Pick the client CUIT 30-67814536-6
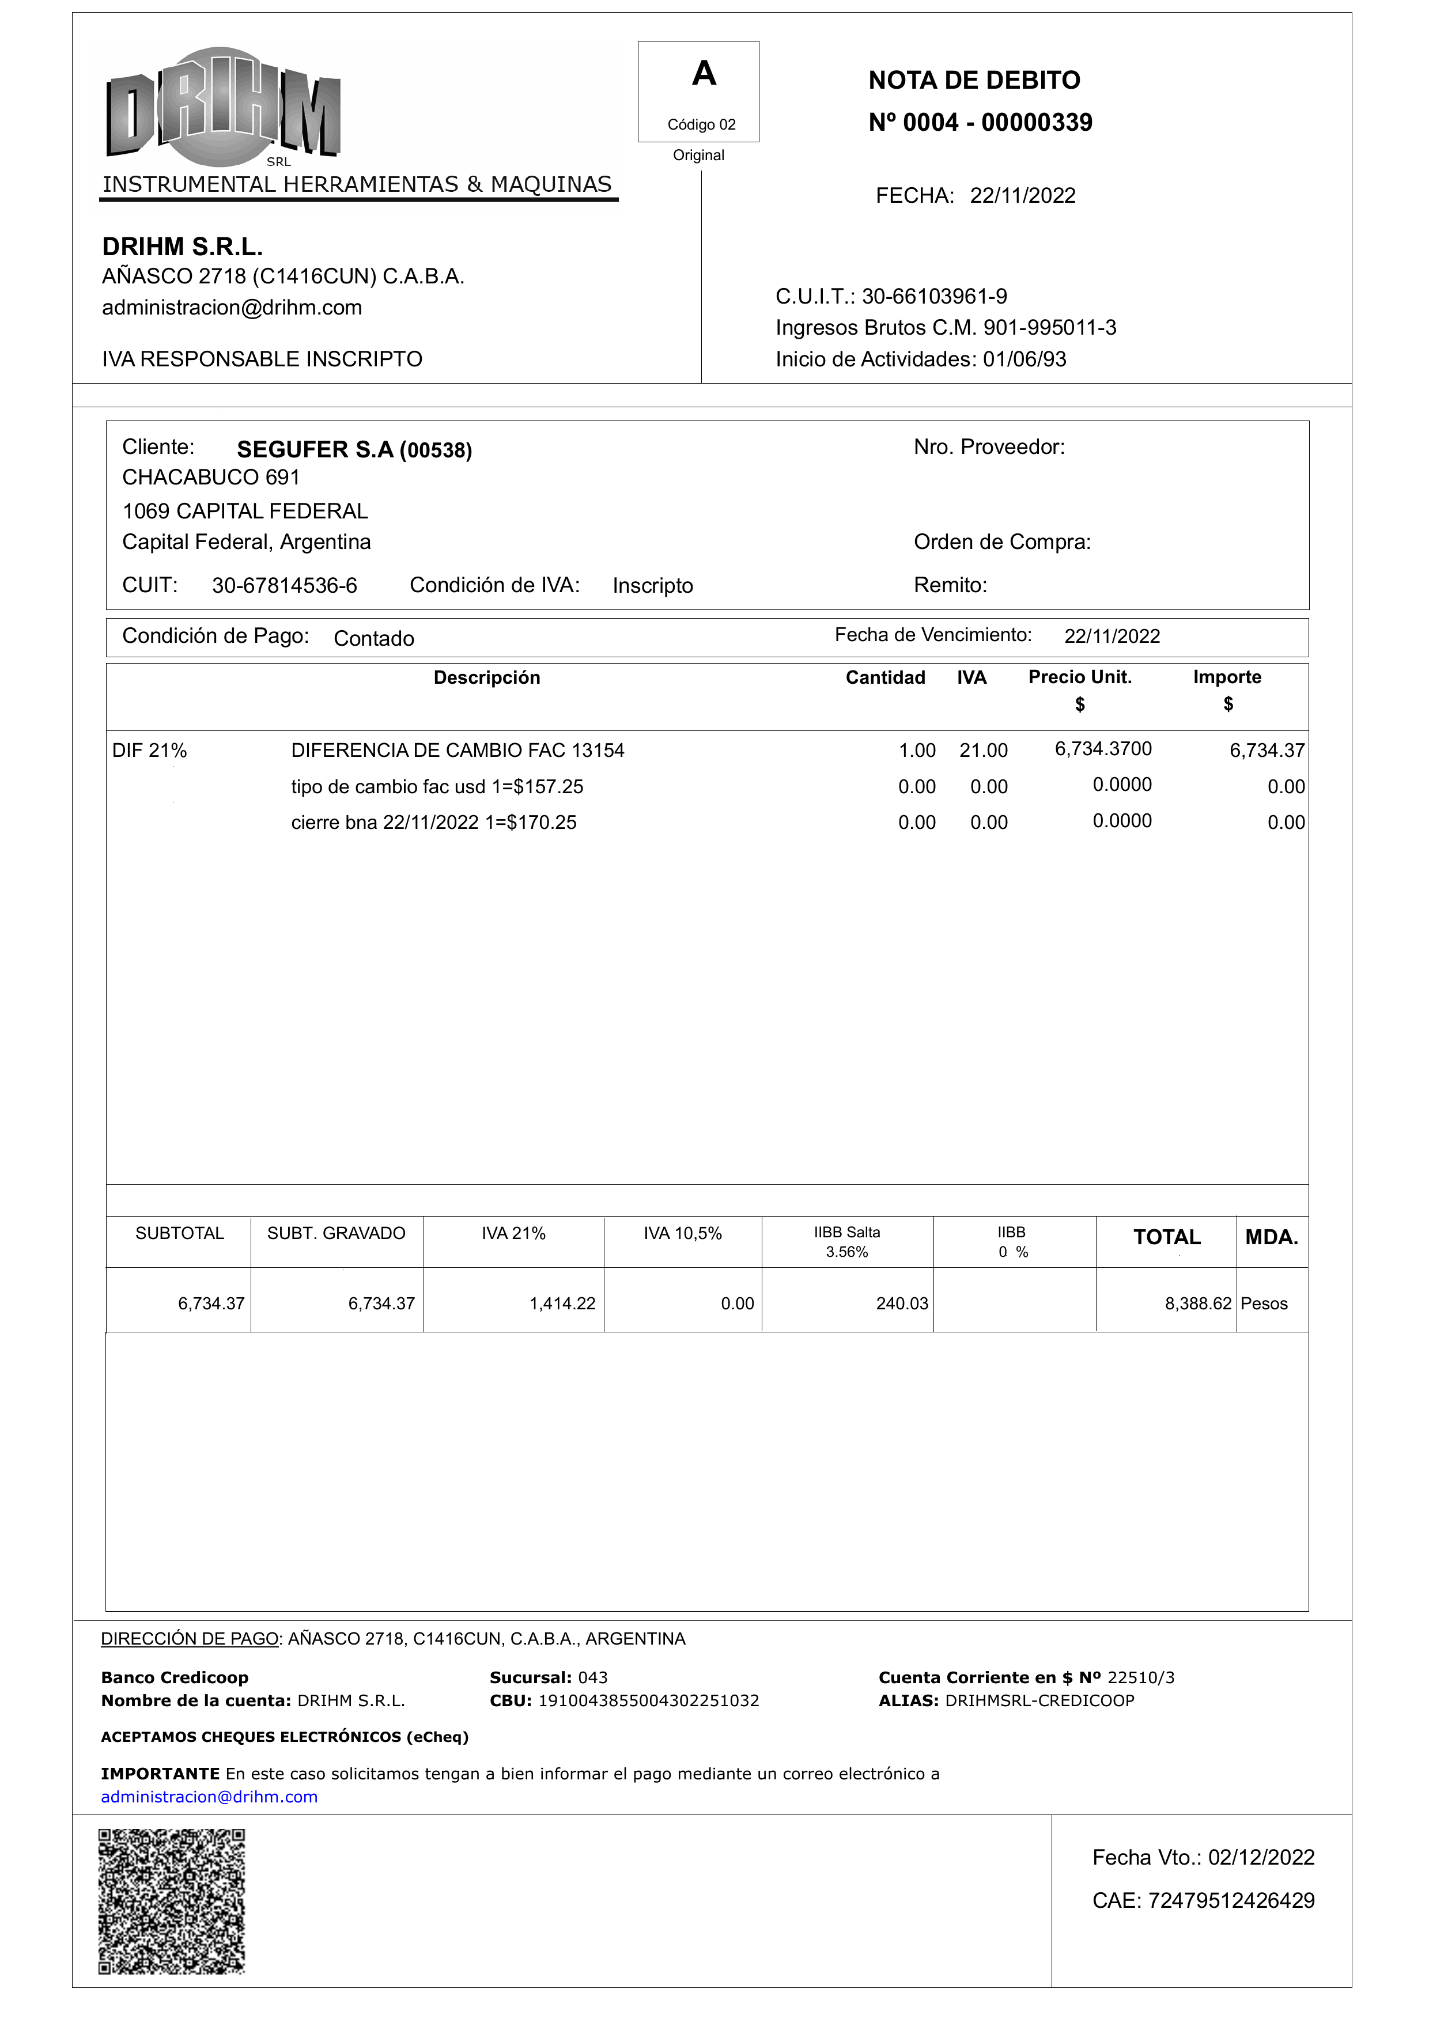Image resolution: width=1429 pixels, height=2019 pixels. (284, 586)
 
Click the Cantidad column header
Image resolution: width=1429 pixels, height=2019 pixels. (884, 677)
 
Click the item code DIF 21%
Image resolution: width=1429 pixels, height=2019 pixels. (150, 751)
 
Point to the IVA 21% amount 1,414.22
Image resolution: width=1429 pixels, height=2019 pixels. (562, 1304)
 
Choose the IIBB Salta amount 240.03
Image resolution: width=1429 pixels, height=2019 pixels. (901, 1304)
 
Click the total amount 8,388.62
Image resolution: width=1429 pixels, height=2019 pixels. (1197, 1304)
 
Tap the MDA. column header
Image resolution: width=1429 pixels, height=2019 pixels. (1271, 1238)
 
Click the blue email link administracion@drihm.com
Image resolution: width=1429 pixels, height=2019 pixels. (209, 1797)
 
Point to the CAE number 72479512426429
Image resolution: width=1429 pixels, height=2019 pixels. (1230, 1900)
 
